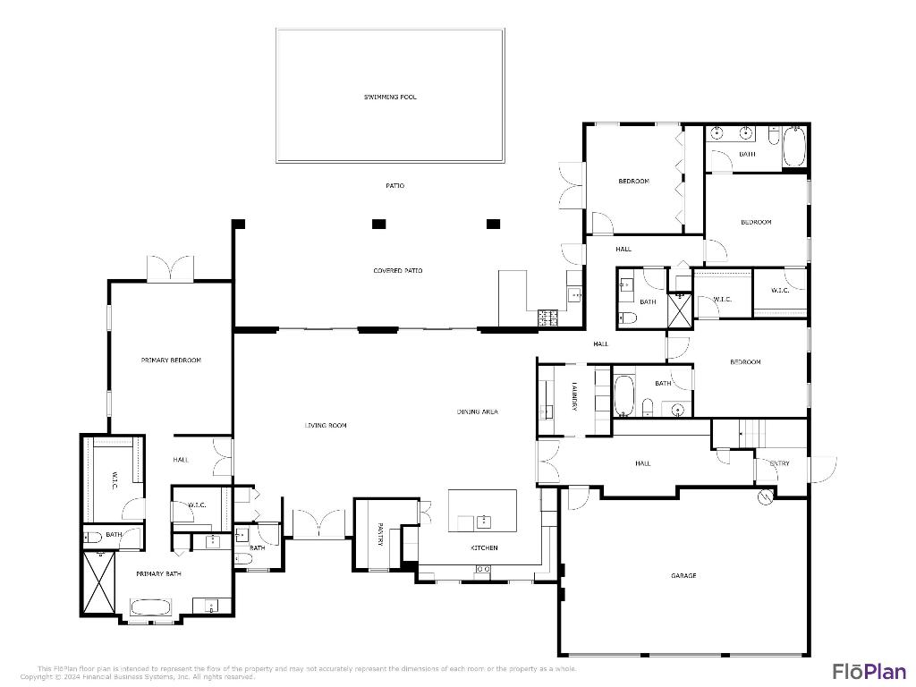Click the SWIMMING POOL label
click(x=390, y=97)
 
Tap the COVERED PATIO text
click(x=398, y=270)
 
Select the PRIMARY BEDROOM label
click(x=171, y=360)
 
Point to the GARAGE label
click(x=683, y=575)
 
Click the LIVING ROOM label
click(x=326, y=425)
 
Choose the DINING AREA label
click(x=477, y=411)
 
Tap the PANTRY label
click(x=380, y=534)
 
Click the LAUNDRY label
click(x=574, y=396)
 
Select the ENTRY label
click(x=780, y=463)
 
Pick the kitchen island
click(x=482, y=510)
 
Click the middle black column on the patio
click(x=378, y=224)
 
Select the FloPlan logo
click(x=869, y=671)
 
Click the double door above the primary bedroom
click(x=170, y=268)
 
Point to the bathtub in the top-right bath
click(x=794, y=147)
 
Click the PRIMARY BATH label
click(x=158, y=573)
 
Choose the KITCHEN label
click(x=485, y=547)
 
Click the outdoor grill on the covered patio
click(x=547, y=317)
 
